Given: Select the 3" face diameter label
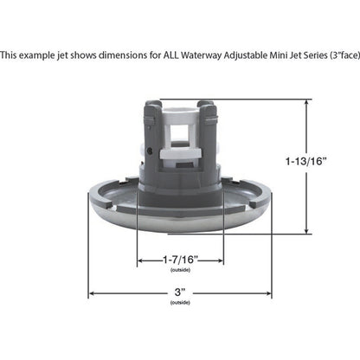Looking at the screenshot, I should click(180, 292).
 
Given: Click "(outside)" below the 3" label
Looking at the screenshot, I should click(180, 303).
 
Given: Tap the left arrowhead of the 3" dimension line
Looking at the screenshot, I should click(91, 292).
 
